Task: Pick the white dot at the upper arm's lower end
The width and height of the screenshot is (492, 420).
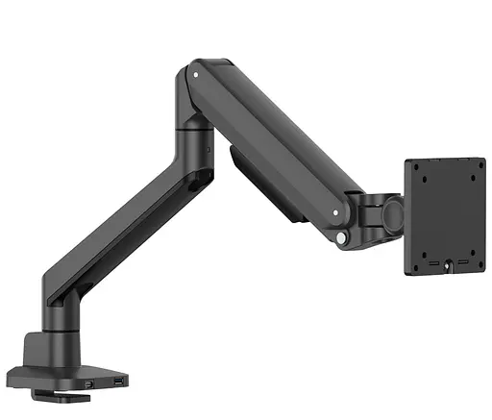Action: [x=336, y=204]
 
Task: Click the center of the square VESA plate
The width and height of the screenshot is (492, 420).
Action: [x=441, y=217]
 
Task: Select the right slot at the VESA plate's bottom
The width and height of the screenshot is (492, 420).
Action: [x=460, y=262]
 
